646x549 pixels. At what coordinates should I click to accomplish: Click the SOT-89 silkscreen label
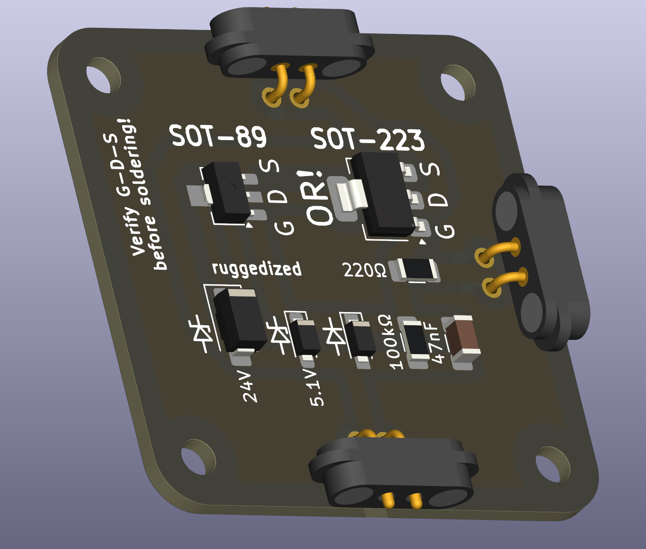pyautogui.click(x=218, y=136)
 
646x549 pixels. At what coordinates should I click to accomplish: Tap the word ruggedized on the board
pyautogui.click(x=257, y=269)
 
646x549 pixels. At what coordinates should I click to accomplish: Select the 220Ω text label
pyautogui.click(x=364, y=270)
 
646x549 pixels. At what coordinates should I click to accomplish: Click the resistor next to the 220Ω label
pyautogui.click(x=415, y=270)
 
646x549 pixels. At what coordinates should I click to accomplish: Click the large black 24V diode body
pyautogui.click(x=240, y=320)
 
